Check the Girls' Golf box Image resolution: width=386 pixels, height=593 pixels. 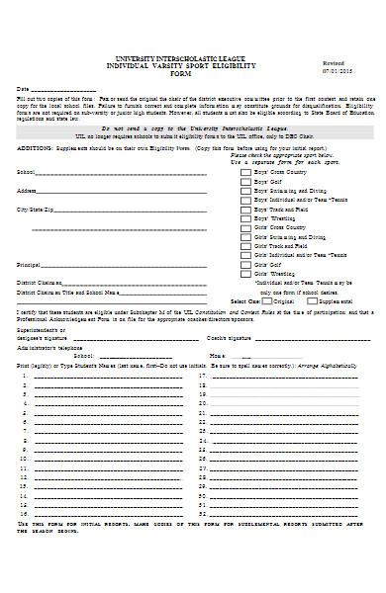click(x=245, y=265)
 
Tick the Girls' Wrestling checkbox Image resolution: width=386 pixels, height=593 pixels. click(x=245, y=279)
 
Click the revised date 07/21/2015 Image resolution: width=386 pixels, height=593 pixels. click(x=337, y=71)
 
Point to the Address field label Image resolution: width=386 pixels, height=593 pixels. click(x=27, y=190)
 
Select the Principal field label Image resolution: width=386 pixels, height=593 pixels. click(x=29, y=266)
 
